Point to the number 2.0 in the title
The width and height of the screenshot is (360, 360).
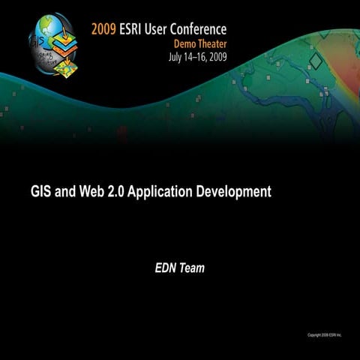point(115,191)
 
